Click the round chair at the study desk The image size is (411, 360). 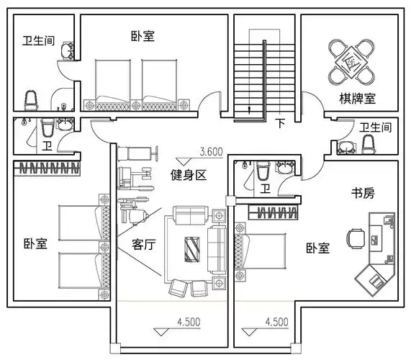355,237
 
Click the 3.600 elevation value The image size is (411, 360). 210,152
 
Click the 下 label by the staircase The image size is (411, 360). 280,123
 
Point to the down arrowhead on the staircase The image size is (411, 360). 249,110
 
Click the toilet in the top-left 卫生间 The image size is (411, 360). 31,98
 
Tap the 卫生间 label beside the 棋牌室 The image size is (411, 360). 375,127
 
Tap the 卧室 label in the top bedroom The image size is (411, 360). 143,35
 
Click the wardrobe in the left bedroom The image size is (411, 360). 45,169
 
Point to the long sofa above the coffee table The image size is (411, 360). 189,215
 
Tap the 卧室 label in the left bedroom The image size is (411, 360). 35,243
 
